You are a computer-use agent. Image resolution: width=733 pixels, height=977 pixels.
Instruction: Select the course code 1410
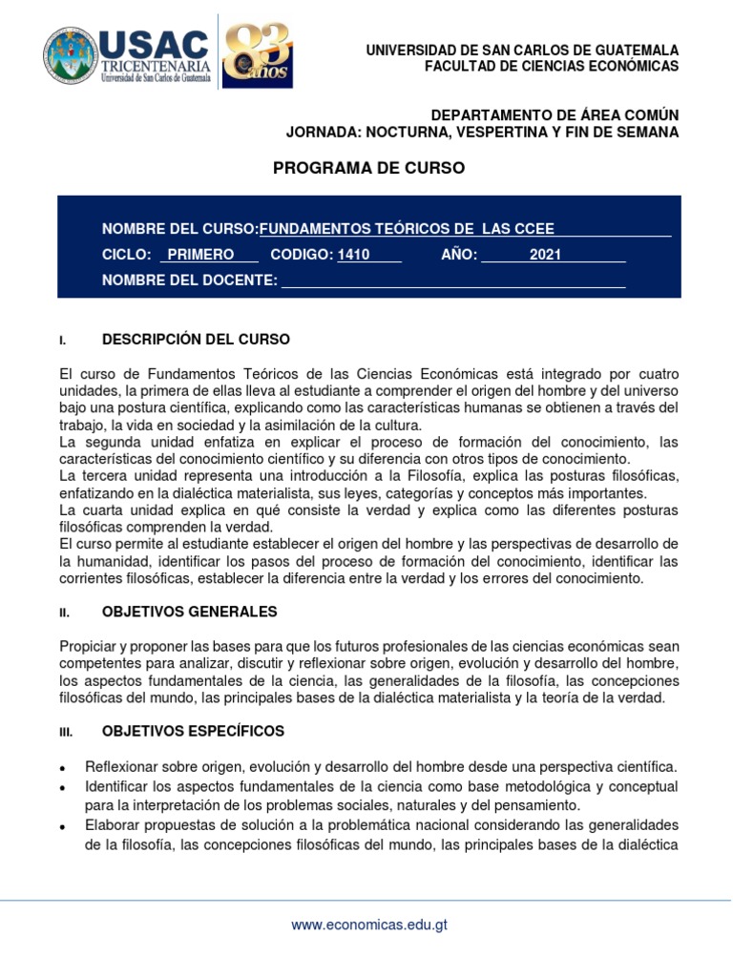353,255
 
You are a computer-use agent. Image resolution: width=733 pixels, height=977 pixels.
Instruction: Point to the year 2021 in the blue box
545,255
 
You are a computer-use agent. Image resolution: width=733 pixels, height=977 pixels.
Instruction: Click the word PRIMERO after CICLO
200,255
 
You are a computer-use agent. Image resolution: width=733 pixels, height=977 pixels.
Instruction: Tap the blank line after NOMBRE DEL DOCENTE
453,281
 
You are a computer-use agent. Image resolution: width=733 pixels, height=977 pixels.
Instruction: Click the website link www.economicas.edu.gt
369,925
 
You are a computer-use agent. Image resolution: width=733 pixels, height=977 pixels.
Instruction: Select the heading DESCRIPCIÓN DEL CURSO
196,340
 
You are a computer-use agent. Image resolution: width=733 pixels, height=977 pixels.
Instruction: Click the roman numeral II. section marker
63,613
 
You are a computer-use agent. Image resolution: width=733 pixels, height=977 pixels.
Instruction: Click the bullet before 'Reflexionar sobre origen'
63,768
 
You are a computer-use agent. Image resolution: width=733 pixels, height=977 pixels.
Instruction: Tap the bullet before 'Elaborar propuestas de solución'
63,825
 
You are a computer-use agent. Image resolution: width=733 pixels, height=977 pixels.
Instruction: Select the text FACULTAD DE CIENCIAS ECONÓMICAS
551,66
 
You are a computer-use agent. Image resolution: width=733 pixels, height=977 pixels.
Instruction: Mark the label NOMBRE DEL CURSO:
180,229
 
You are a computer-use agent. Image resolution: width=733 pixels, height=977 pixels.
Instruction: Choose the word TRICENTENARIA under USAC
155,65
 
